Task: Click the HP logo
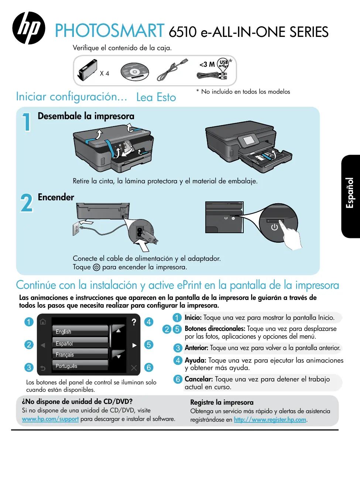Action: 29,28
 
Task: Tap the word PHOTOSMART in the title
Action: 110,31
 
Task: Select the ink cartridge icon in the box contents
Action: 88,70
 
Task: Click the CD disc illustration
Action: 134,72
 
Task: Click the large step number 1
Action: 26,122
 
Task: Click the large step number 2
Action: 27,203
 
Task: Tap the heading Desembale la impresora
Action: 86,116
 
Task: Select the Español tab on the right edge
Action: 350,193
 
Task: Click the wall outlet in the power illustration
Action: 76,229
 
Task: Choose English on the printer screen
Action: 64,332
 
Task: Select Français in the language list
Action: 65,355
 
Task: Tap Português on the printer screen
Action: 66,366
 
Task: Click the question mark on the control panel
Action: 134,322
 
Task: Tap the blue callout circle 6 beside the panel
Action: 148,367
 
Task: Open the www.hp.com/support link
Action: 50,419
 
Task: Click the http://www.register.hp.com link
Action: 270,420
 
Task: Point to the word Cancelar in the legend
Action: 199,379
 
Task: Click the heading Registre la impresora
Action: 222,402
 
